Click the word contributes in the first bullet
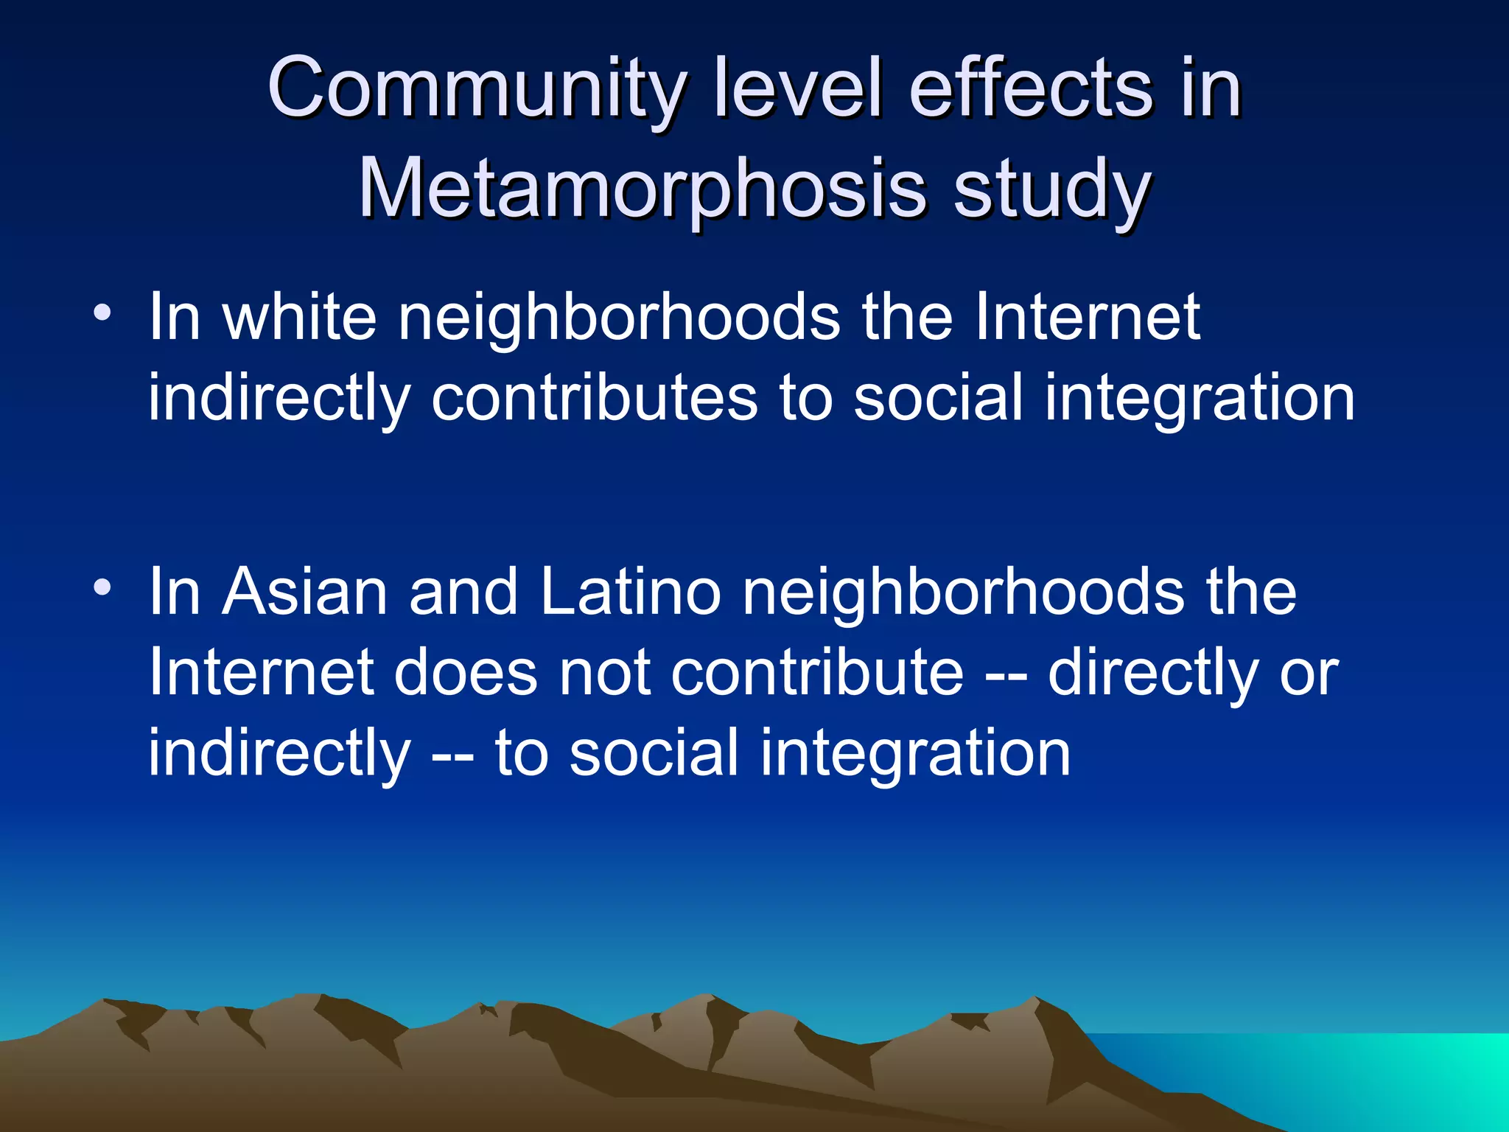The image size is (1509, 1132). [x=595, y=398]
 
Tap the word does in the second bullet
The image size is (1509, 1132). [x=466, y=673]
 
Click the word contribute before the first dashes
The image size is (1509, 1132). [x=817, y=673]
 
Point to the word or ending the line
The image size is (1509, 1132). [x=1309, y=673]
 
